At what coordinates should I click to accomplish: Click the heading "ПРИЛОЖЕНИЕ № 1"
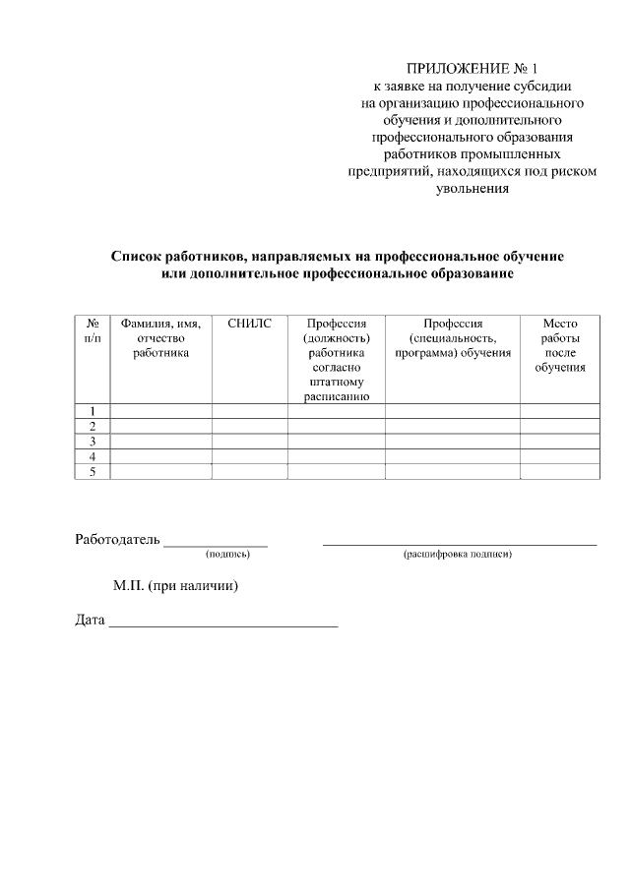pyautogui.click(x=472, y=69)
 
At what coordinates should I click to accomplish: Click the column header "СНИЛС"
pyautogui.click(x=249, y=323)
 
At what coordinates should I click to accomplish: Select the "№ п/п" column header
pyautogui.click(x=92, y=329)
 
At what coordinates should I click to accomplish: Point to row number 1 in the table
pyautogui.click(x=93, y=411)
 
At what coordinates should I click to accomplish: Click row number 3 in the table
pyautogui.click(x=93, y=442)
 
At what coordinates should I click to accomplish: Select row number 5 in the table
pyautogui.click(x=93, y=473)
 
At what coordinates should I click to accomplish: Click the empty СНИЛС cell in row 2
pyautogui.click(x=249, y=426)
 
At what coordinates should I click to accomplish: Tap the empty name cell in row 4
pyautogui.click(x=160, y=457)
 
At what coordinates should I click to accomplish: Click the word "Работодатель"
pyautogui.click(x=117, y=538)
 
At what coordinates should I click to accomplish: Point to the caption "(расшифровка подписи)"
pyautogui.click(x=457, y=555)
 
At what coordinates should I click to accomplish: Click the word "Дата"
pyautogui.click(x=90, y=621)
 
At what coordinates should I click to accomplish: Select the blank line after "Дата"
pyautogui.click(x=222, y=624)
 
